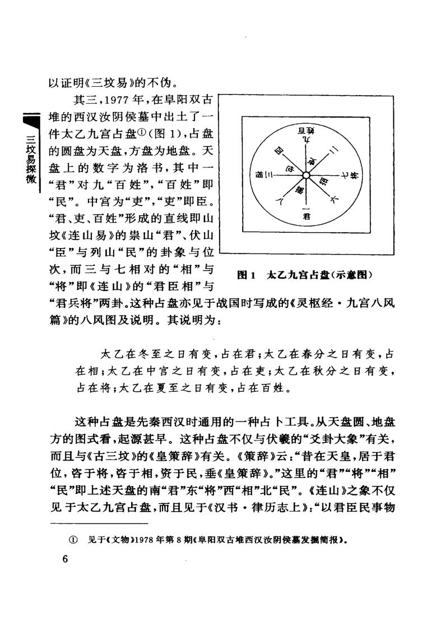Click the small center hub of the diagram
coord(307,175)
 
